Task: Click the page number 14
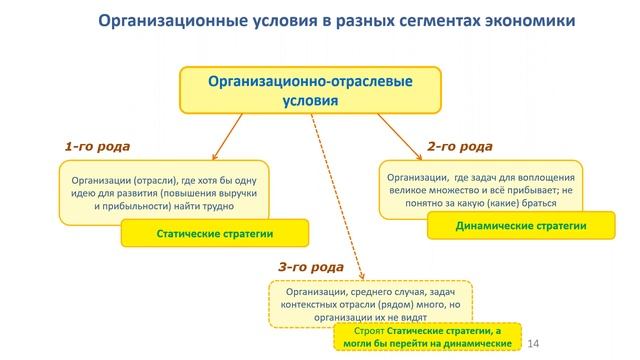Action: [x=546, y=340]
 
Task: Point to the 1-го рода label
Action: [x=97, y=146]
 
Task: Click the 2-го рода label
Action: [x=460, y=146]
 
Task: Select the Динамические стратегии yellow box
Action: [x=520, y=226]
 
